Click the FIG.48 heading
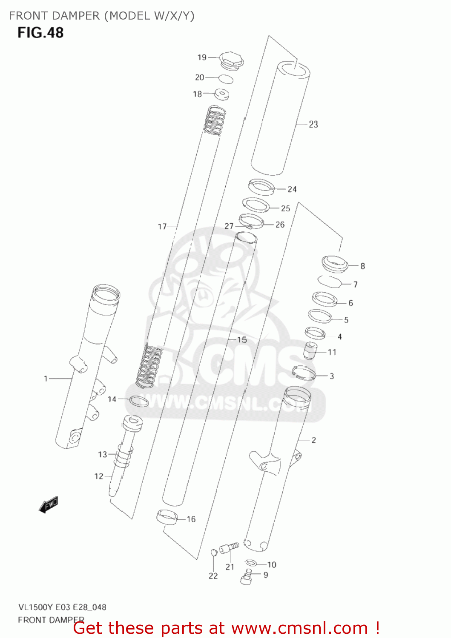pos(40,33)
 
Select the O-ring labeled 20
pos(226,79)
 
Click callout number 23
pos(313,125)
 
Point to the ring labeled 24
pos(261,187)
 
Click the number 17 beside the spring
pos(162,227)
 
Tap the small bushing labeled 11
pos(310,350)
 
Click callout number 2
pos(314,440)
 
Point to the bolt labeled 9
pos(246,577)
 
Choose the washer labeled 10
pos(251,563)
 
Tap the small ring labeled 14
pos(138,401)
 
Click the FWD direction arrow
pos(49,504)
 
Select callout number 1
pos(46,379)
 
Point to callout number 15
pos(242,340)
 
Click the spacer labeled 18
pos(221,94)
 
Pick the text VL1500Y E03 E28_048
pos(62,607)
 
